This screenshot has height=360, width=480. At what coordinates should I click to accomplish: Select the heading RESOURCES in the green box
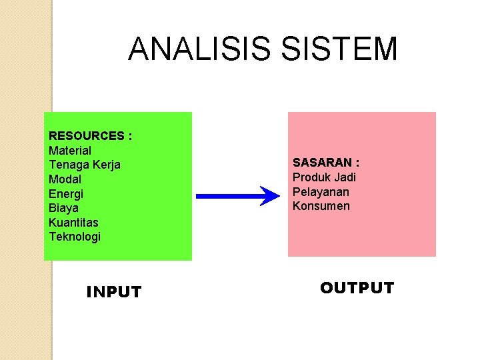point(87,136)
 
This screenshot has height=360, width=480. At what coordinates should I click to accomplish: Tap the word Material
point(70,151)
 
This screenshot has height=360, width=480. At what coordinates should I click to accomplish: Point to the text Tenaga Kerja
point(85,165)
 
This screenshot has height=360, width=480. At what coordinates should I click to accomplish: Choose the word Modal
point(65,179)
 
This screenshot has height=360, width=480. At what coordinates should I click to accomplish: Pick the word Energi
point(66,193)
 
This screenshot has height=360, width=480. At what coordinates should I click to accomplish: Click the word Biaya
point(63,208)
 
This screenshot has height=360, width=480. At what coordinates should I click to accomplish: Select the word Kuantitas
point(73,222)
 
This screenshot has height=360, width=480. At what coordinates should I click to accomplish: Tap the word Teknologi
point(75,237)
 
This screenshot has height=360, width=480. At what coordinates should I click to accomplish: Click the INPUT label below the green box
point(114,292)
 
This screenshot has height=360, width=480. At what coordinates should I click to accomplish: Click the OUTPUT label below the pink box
point(357,288)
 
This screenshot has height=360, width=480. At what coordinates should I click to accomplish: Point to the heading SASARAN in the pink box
point(321,163)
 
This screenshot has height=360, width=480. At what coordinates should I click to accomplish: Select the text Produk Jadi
point(324,177)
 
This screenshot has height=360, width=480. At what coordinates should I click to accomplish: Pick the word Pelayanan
point(321,192)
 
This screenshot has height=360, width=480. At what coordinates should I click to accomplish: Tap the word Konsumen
point(321,206)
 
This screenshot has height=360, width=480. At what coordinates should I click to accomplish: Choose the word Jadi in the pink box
point(345,177)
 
